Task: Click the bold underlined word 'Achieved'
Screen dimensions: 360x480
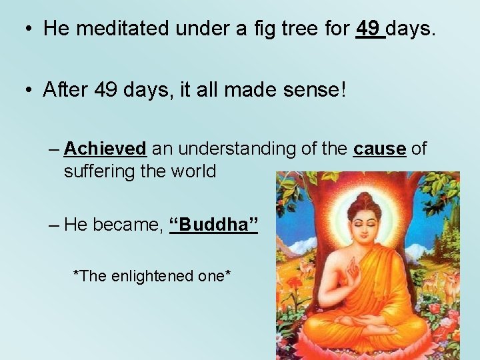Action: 105,148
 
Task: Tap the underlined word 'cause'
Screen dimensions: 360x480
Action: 380,148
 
